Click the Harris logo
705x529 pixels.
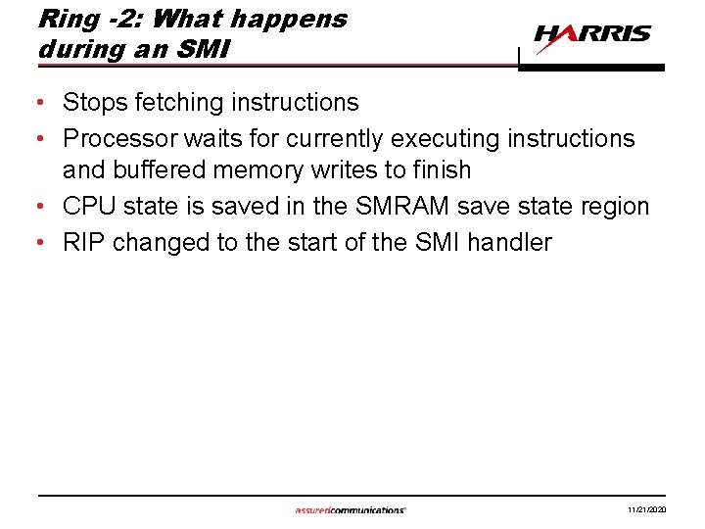tap(591, 35)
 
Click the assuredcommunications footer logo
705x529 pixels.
tap(351, 510)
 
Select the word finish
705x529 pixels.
tap(443, 170)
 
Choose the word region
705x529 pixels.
tap(615, 207)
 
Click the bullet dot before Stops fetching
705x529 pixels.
tap(45, 103)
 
